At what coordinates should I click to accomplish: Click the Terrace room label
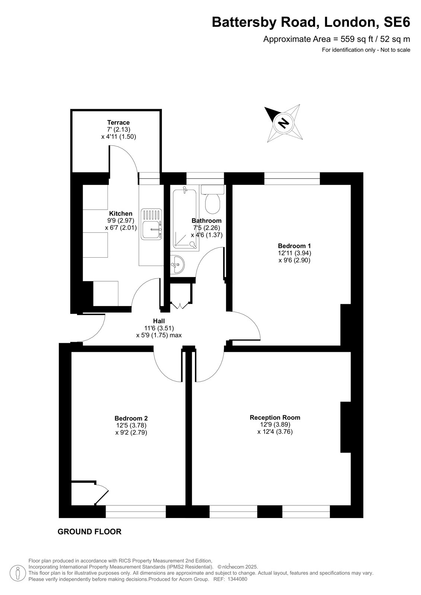click(118, 122)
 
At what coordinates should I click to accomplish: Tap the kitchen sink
click(152, 223)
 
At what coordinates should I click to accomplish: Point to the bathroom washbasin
click(178, 264)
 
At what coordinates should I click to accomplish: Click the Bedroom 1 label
click(294, 246)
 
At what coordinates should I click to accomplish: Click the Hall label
click(159, 321)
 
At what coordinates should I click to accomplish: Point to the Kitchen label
click(121, 213)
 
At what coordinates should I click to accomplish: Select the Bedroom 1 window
click(292, 178)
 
